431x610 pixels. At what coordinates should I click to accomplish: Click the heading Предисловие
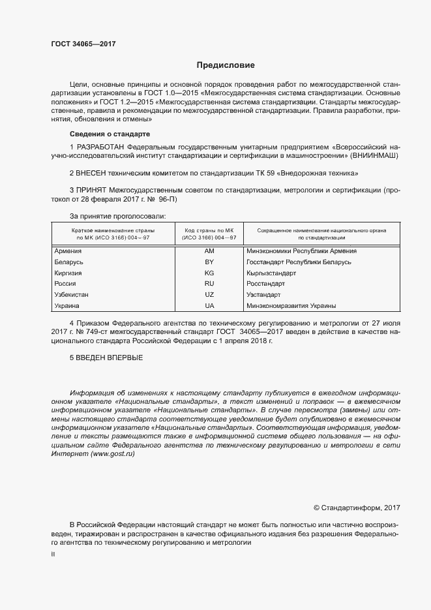click(x=226, y=65)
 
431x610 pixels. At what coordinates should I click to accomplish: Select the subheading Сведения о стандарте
click(x=104, y=134)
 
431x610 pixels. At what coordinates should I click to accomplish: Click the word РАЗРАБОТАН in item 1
click(x=102, y=147)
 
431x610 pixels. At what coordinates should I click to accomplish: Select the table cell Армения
click(x=68, y=251)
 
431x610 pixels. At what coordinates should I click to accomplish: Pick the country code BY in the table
click(x=209, y=262)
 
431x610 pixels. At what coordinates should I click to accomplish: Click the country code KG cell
click(x=209, y=273)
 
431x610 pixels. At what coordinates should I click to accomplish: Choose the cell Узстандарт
click(x=264, y=295)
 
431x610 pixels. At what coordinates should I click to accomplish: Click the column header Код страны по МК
click(x=209, y=231)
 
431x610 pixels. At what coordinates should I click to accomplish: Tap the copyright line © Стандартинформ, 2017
click(x=357, y=506)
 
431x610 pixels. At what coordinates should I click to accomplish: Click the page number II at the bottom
click(x=53, y=553)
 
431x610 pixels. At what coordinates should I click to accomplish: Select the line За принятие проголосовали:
click(x=117, y=215)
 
